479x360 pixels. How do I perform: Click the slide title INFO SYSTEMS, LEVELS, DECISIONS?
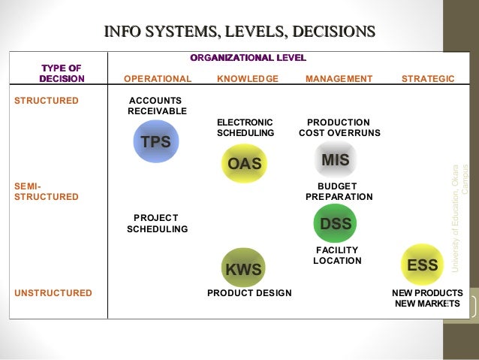pos(239,31)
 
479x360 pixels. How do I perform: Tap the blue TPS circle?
pos(156,141)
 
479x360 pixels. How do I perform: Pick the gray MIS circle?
pos(335,159)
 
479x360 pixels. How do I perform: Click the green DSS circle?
pos(335,223)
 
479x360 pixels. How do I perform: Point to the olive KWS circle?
pos(244,268)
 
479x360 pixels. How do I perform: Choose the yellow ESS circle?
pos(422,265)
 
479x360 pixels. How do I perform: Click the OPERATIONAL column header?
pos(158,78)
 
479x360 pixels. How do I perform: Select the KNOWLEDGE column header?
pos(247,78)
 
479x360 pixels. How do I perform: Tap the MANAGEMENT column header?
pos(339,78)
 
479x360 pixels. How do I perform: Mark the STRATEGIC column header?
pos(428,78)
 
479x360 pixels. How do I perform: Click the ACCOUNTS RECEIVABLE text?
pos(157,105)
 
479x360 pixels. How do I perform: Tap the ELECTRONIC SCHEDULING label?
pos(245,127)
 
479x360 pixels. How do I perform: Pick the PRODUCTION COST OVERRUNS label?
pos(339,127)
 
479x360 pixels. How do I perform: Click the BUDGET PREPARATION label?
pos(339,191)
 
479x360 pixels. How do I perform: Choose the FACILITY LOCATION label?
pos(337,256)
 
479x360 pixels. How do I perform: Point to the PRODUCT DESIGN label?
pos(249,293)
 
